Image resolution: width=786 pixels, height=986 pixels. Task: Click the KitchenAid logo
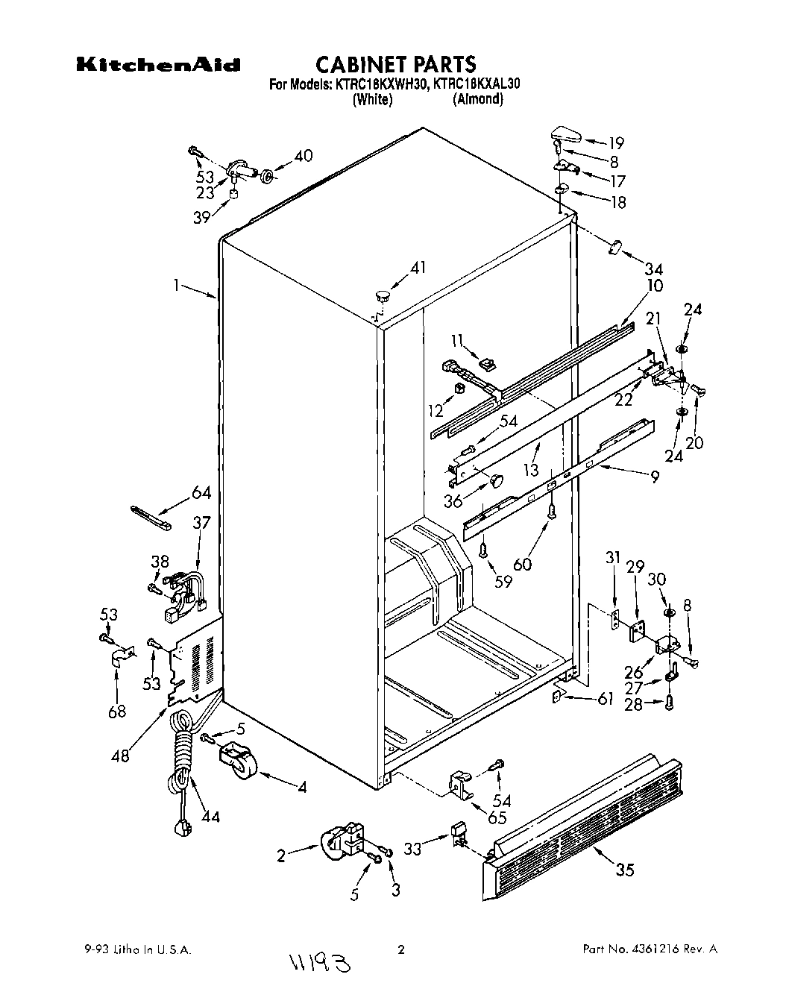click(158, 65)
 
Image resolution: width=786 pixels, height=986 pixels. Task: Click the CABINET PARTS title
click(395, 63)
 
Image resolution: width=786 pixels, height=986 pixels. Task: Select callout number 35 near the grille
click(625, 870)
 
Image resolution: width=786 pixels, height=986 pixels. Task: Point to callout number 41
click(418, 268)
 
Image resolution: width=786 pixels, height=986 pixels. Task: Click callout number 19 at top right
click(616, 143)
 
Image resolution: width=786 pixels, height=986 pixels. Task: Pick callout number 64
click(201, 493)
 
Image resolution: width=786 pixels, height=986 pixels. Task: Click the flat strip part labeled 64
click(151, 516)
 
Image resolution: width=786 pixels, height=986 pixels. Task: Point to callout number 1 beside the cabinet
click(177, 284)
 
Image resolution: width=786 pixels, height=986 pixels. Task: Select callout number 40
click(303, 156)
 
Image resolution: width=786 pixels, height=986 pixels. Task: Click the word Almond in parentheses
click(478, 98)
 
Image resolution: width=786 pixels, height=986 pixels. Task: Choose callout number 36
click(453, 501)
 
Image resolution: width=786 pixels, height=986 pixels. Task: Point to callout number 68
click(117, 712)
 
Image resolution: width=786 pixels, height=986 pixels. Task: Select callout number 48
click(119, 756)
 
